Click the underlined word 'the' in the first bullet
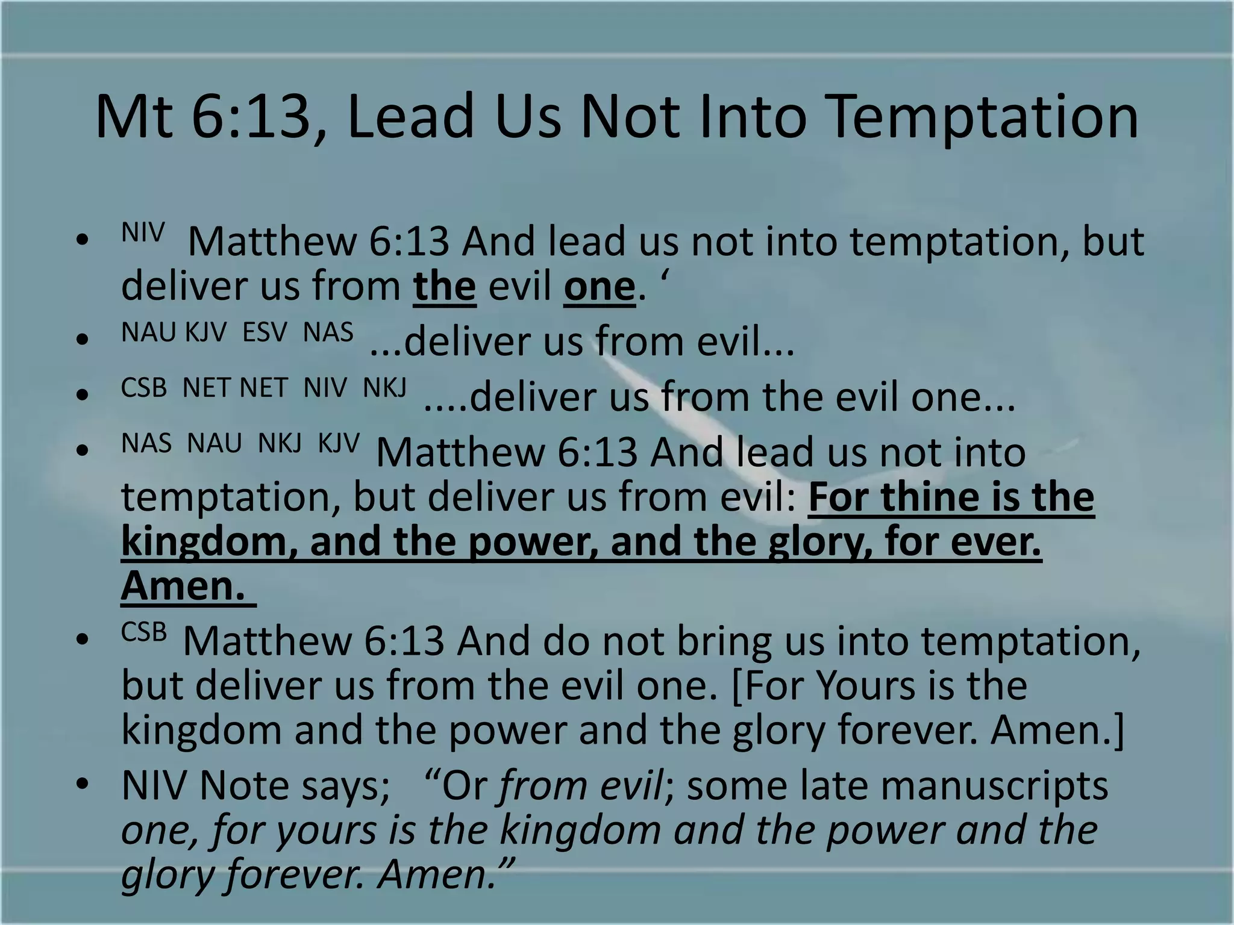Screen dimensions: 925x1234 [x=445, y=287]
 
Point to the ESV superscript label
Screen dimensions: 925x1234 [x=265, y=332]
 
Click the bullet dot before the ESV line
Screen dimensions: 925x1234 [x=83, y=339]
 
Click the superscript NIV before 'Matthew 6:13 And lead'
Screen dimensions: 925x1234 [x=143, y=232]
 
